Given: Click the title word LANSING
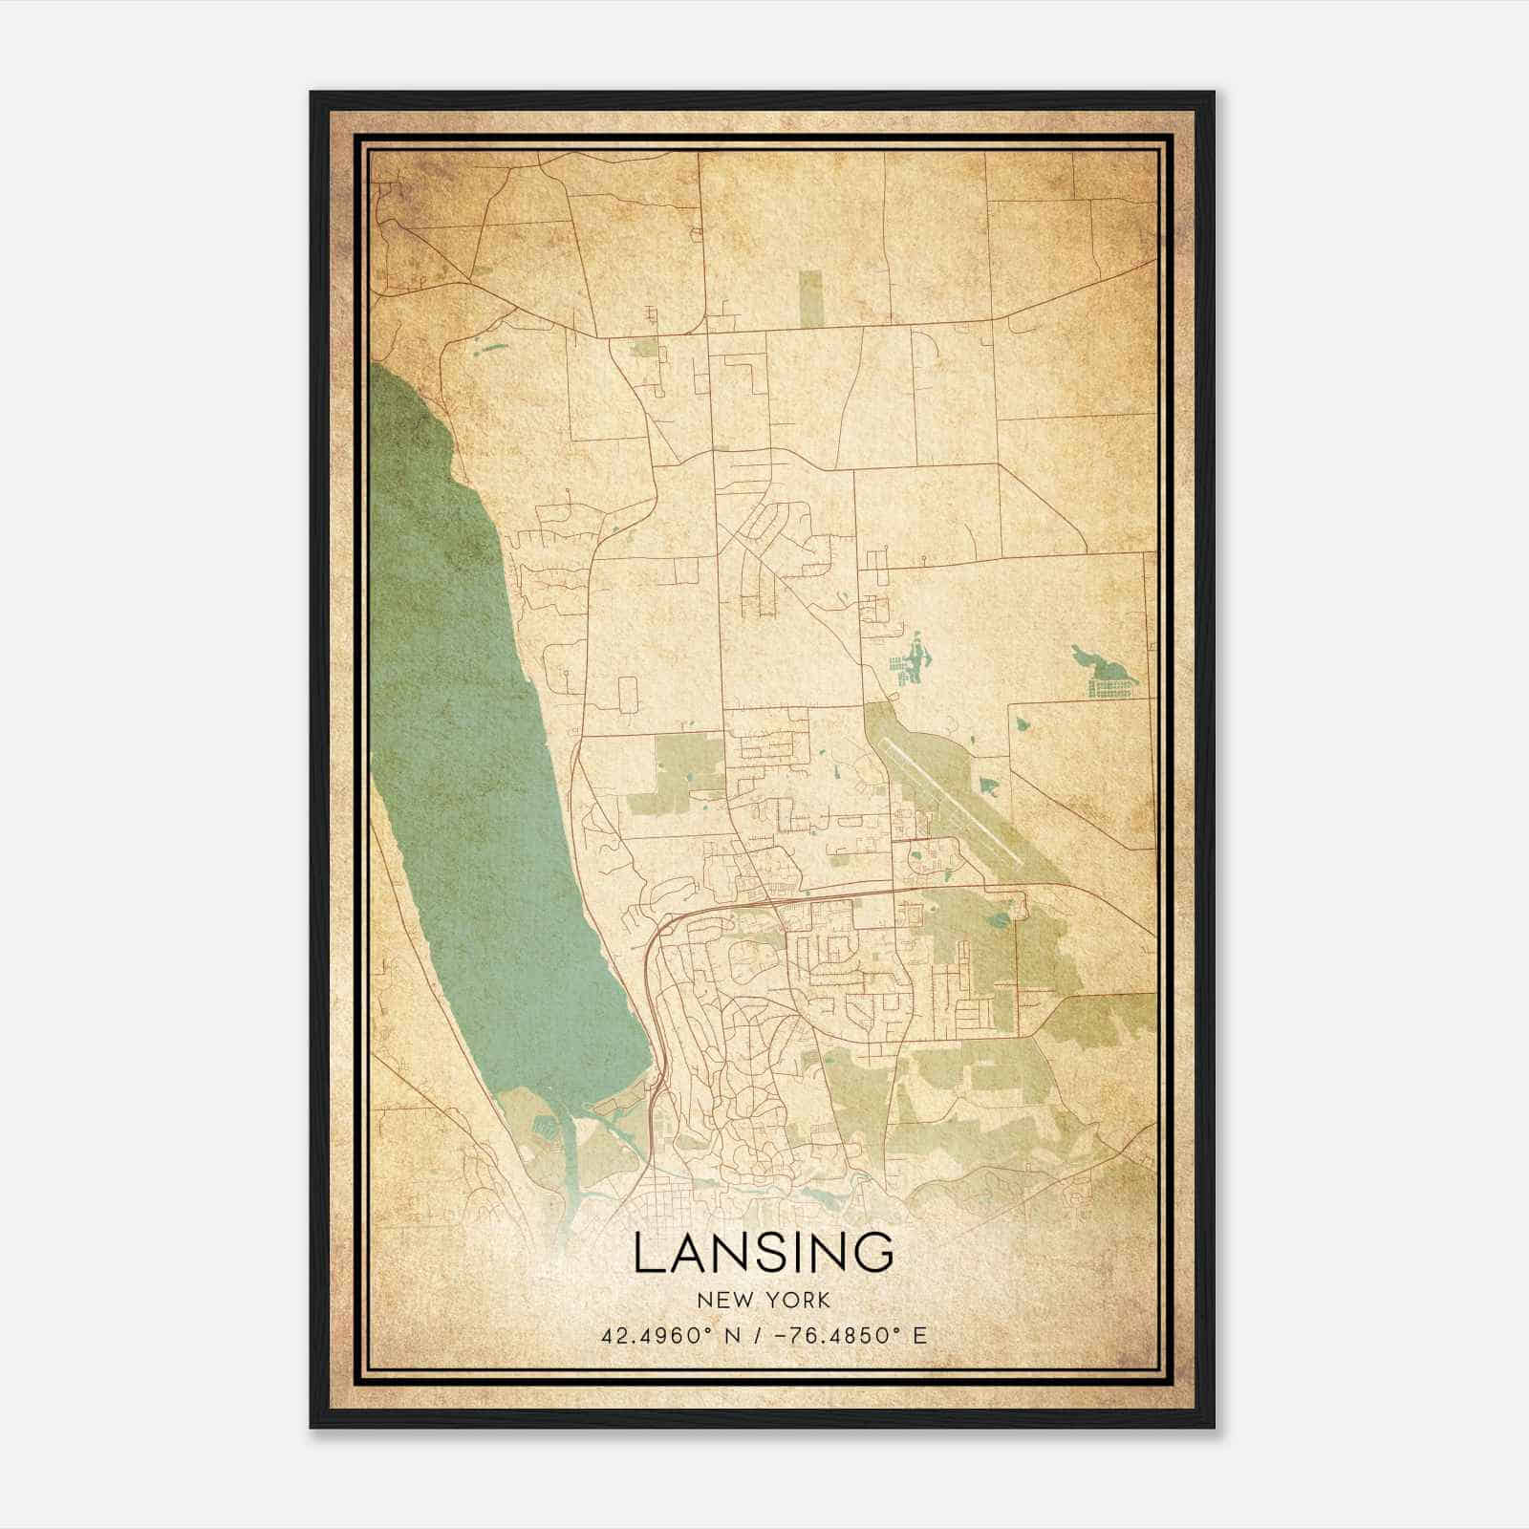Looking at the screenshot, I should (764, 1253).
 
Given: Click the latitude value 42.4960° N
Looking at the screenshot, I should (665, 1336).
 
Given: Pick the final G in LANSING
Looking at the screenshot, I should (874, 1253).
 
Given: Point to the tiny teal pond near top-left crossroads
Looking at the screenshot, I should (492, 348).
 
